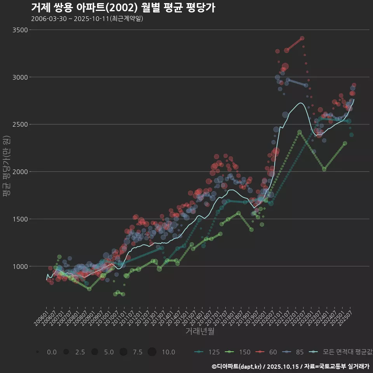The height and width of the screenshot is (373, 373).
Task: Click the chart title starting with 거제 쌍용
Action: (123, 8)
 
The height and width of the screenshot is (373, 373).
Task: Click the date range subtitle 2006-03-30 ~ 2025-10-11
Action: (87, 19)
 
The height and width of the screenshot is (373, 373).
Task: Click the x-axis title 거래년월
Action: (200, 331)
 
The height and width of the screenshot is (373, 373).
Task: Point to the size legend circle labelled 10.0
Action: (152, 352)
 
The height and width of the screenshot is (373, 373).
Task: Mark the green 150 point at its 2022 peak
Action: (299, 132)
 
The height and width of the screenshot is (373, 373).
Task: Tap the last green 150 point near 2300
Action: (345, 143)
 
